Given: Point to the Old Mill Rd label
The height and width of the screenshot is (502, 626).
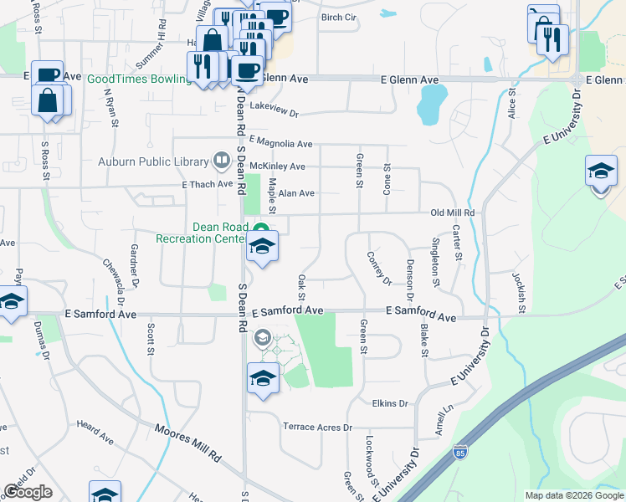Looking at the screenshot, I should click(452, 213).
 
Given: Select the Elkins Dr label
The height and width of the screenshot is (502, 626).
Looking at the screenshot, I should click(390, 403).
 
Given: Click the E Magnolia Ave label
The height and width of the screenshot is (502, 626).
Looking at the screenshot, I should click(280, 143).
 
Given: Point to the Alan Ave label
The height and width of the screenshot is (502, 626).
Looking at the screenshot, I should click(296, 193).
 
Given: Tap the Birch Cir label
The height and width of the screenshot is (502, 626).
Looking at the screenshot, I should click(339, 18).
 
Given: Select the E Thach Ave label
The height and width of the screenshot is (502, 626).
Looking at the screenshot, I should click(207, 184).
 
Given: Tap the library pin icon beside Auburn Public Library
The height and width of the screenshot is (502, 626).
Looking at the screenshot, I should click(222, 159).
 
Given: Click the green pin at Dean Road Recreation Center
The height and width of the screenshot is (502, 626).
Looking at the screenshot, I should click(261, 229).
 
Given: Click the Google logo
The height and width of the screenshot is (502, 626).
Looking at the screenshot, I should click(27, 493).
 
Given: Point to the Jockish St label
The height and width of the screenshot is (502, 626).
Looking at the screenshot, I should click(521, 293).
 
